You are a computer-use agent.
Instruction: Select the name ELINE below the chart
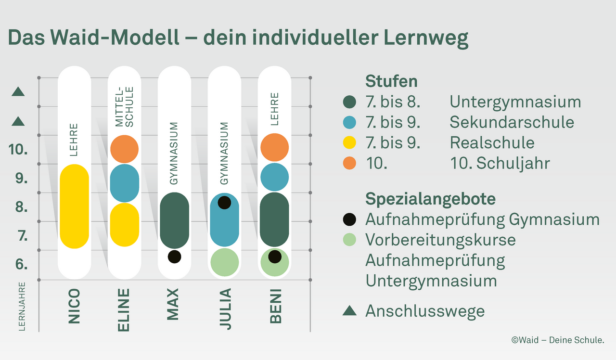pos(124,310)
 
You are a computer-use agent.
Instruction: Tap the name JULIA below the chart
pos(224,309)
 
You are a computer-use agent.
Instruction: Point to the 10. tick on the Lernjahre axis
pos(19,150)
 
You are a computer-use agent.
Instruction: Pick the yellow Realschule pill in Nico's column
pos(74,206)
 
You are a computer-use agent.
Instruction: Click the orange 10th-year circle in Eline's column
pos(124,149)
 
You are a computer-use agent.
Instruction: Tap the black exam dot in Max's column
pos(174,257)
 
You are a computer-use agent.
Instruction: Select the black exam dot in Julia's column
pos(224,202)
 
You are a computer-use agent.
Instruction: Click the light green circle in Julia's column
pos(224,262)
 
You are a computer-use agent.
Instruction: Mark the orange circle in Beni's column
pos(274,147)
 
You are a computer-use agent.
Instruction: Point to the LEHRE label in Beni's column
pos(275,109)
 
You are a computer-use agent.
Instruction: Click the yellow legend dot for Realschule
pos(349,143)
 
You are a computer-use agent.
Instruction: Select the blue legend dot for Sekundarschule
pos(349,123)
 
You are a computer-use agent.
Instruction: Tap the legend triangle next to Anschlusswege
pos(349,311)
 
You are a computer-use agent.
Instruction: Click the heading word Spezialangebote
pos(430,199)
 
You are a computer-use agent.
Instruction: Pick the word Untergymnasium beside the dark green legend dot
pos(515,102)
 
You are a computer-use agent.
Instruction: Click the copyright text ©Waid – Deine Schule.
pos(557,340)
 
